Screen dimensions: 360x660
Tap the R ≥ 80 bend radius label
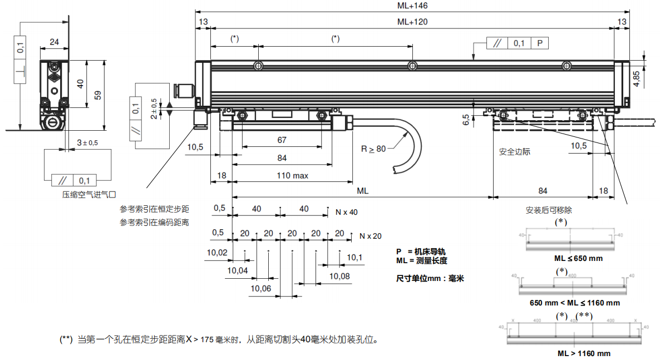[x=373, y=149]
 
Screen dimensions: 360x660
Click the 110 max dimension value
[x=293, y=176]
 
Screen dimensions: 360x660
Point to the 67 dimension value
[x=282, y=141]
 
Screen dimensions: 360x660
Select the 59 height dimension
[x=98, y=95]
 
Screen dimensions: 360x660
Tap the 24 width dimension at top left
[x=55, y=42]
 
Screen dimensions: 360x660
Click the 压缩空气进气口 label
[x=88, y=195]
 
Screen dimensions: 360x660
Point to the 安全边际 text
[x=515, y=151]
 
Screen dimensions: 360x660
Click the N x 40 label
[x=347, y=212]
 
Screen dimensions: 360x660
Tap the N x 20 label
[x=371, y=236]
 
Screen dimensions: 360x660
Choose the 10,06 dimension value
[x=260, y=288]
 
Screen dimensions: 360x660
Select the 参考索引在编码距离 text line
[x=154, y=223]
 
